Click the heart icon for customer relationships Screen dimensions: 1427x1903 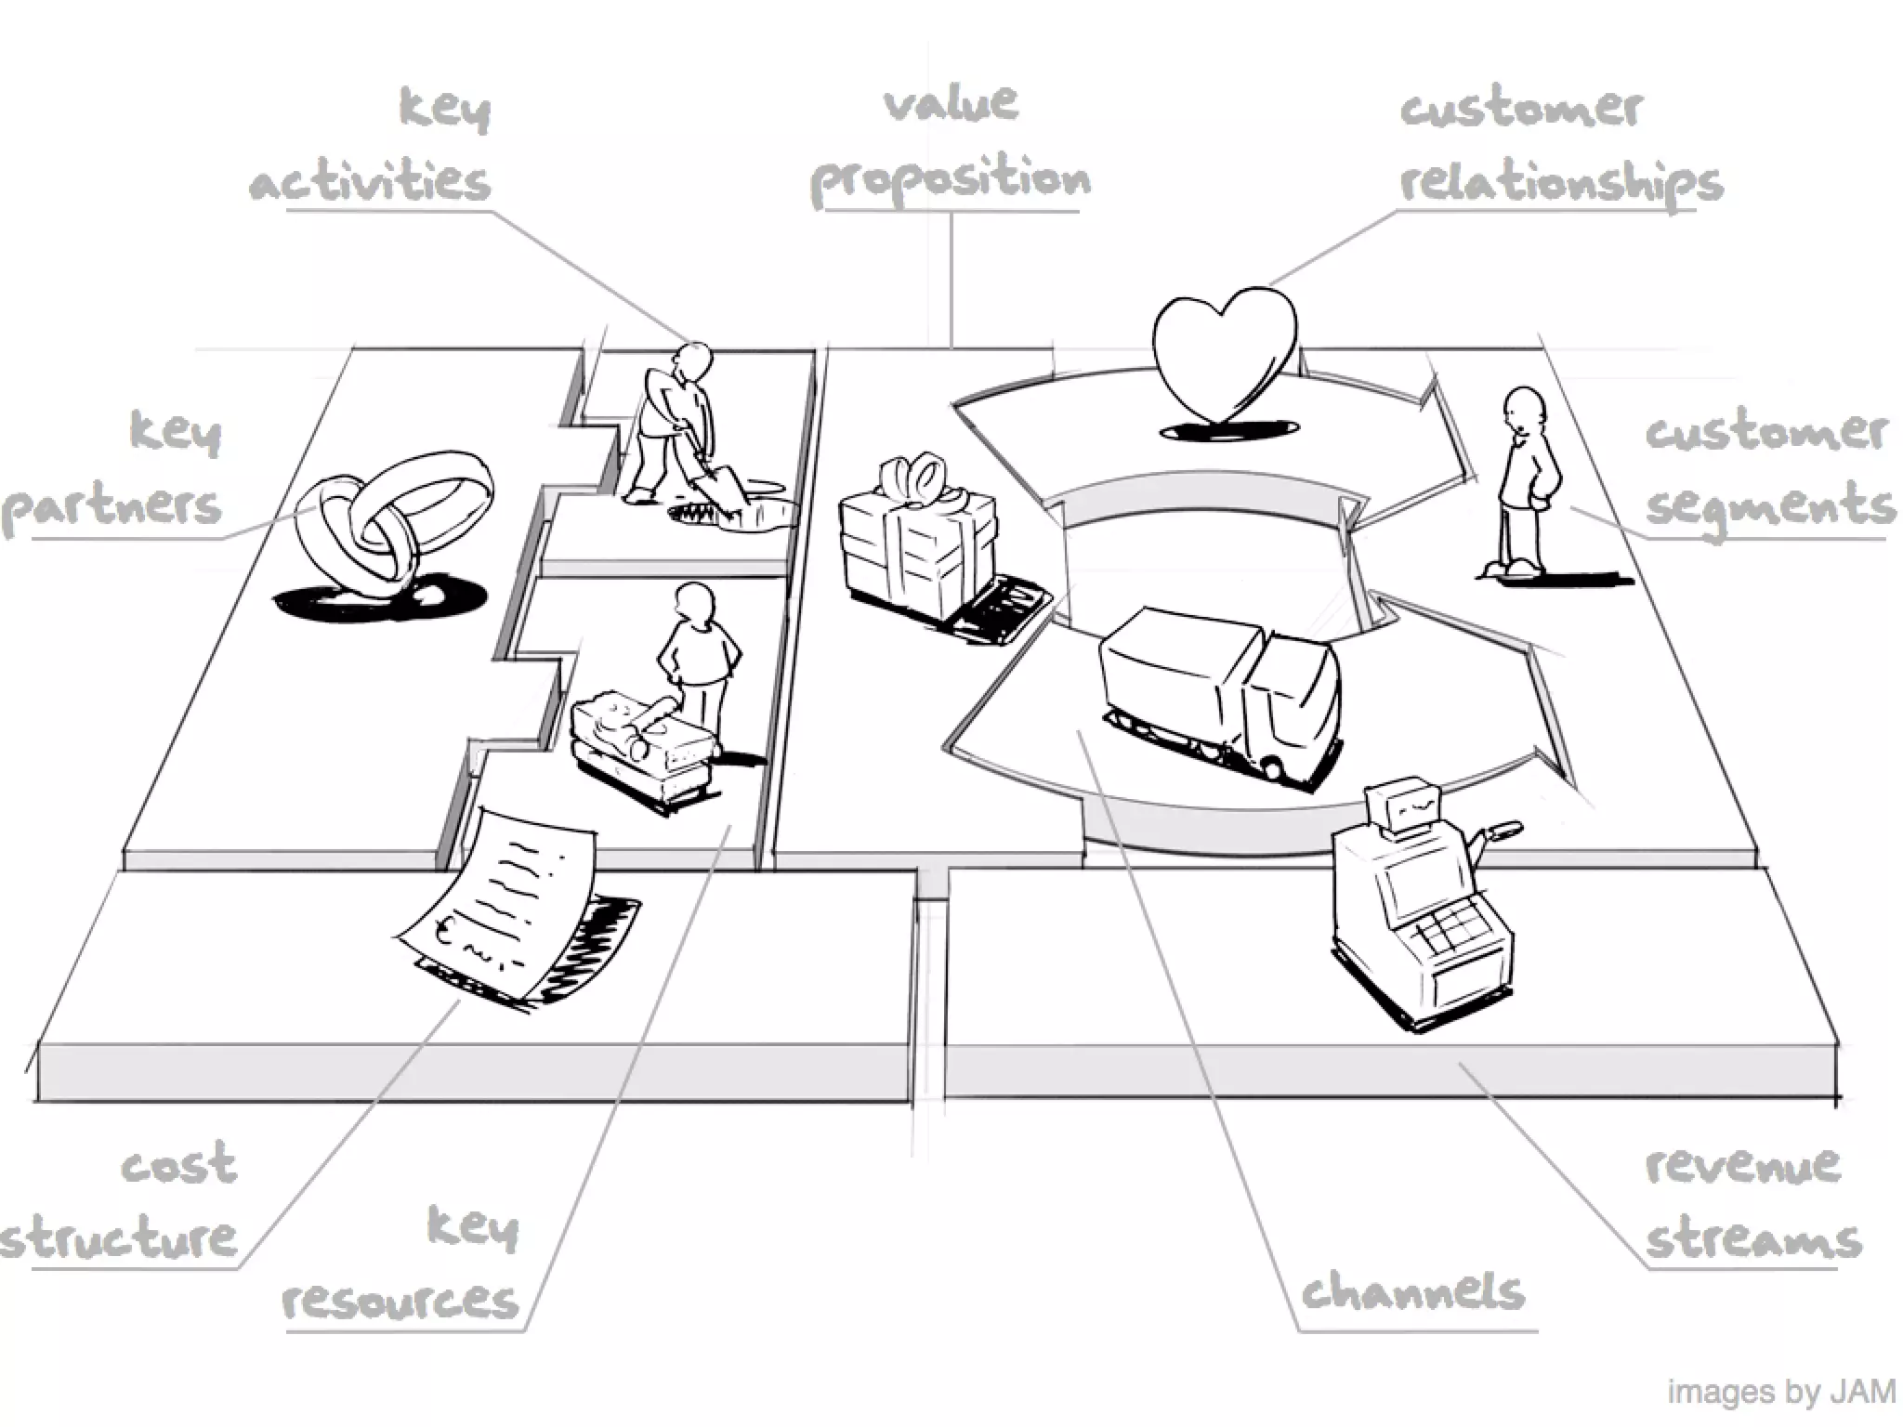click(x=1225, y=353)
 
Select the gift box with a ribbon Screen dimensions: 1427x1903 click(x=915, y=539)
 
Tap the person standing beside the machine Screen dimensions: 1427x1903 click(x=697, y=655)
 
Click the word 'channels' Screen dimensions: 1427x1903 click(x=1412, y=1291)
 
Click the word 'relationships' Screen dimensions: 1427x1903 click(x=1561, y=183)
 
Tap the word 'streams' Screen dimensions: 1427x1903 click(x=1753, y=1240)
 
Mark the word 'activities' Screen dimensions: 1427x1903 click(x=370, y=181)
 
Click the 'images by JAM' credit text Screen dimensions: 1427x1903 click(x=1781, y=1392)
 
